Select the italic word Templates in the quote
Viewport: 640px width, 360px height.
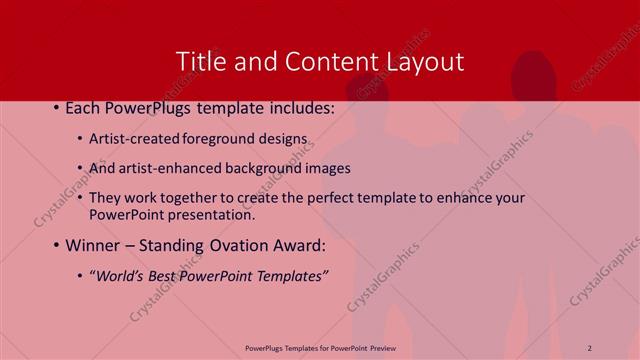(290, 275)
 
